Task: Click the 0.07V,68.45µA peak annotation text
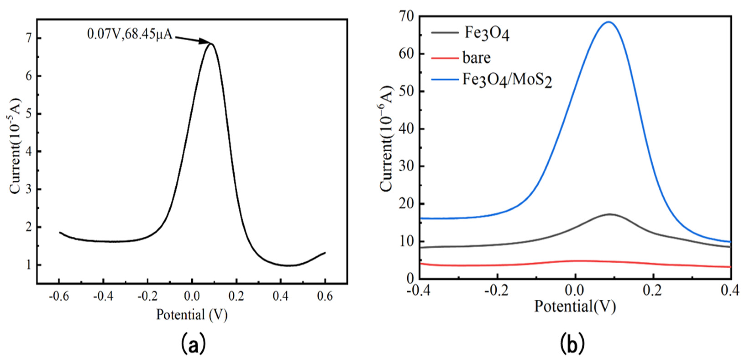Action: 130,34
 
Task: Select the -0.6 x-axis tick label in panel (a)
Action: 59,296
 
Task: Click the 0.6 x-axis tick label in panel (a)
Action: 325,296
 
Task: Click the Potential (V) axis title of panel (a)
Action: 192,315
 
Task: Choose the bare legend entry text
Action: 476,58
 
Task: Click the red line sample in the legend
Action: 445,58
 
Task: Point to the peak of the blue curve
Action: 608,22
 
